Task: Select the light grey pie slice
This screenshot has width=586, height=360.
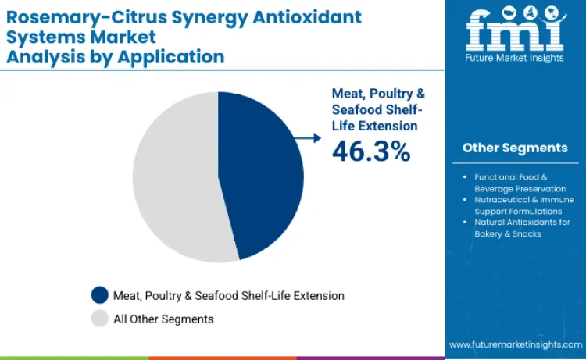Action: coord(176,180)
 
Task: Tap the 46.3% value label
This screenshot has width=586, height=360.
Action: coord(371,151)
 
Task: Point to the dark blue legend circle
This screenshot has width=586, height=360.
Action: coord(99,295)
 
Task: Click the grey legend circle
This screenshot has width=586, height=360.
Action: coord(99,319)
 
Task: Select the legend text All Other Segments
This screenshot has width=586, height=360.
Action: coord(164,319)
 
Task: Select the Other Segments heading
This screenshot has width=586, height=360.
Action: coord(515,148)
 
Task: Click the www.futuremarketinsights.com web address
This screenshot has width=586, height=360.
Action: coord(515,344)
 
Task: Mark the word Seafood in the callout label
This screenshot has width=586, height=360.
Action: coord(357,109)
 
